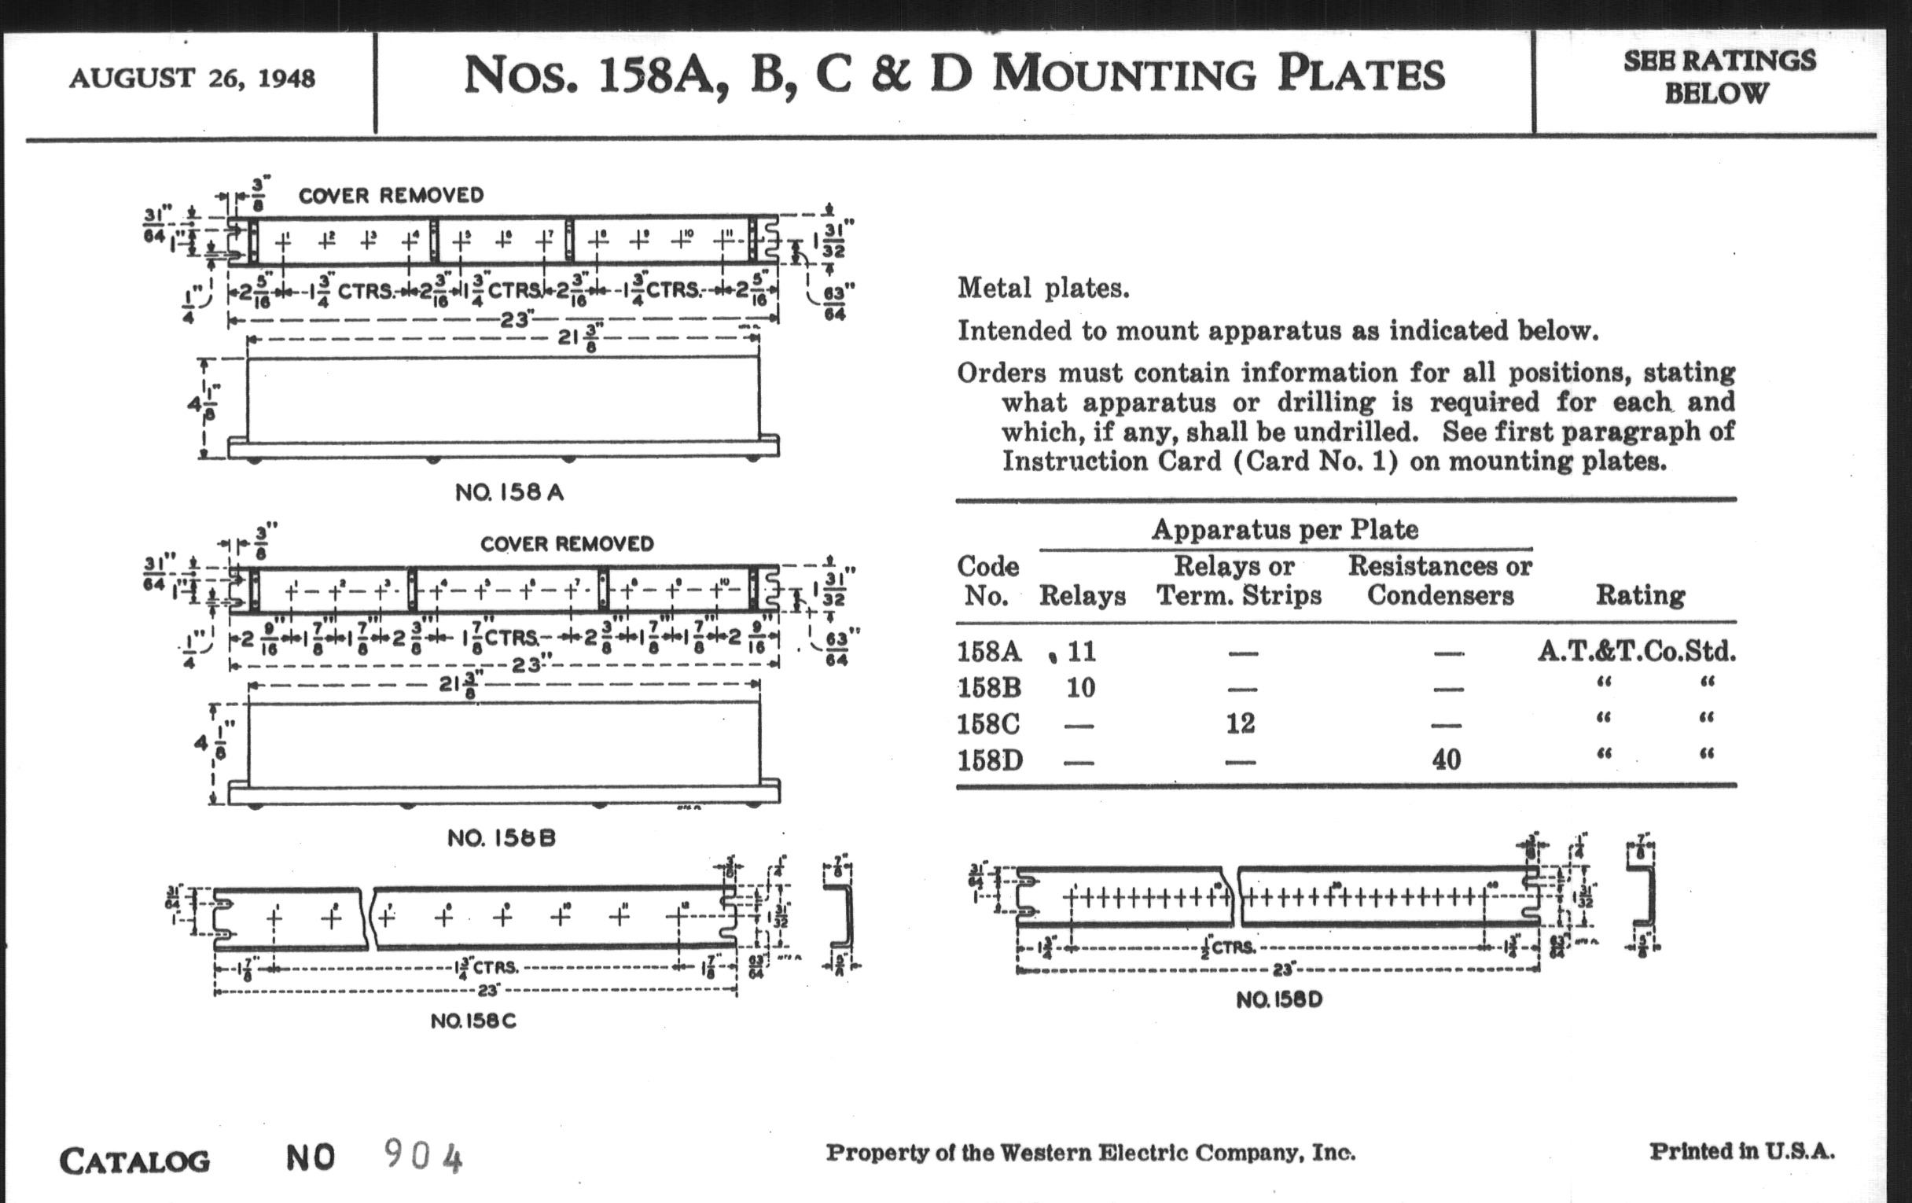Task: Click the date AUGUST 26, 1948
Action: click(x=192, y=79)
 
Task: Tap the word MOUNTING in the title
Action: click(x=1124, y=75)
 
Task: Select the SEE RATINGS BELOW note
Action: click(x=1719, y=77)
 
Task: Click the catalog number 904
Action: click(x=423, y=1155)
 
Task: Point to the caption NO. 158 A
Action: click(x=509, y=492)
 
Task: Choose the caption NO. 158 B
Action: click(x=501, y=837)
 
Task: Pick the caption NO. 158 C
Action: click(x=473, y=1021)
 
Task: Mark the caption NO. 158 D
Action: click(x=1279, y=999)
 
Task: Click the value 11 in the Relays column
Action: click(x=1082, y=652)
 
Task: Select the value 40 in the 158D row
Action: click(x=1446, y=760)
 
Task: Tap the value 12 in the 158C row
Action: click(x=1241, y=723)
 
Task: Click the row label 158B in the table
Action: click(x=988, y=688)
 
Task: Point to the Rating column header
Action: click(x=1640, y=595)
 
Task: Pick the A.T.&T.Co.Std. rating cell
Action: click(x=1637, y=652)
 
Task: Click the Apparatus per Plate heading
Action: click(x=1285, y=530)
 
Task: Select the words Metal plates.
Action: click(x=1042, y=289)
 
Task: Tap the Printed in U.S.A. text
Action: click(x=1742, y=1151)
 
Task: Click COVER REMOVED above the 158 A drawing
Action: click(x=391, y=195)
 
